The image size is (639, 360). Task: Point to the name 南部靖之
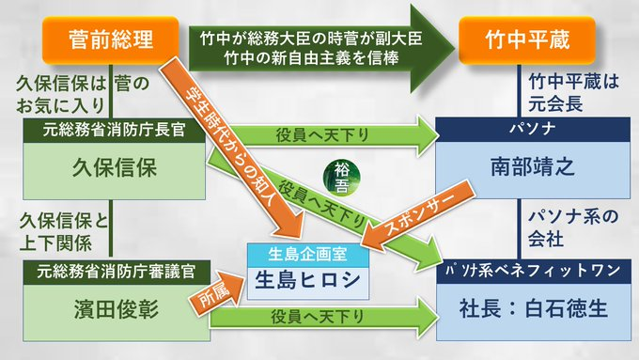tap(530, 167)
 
